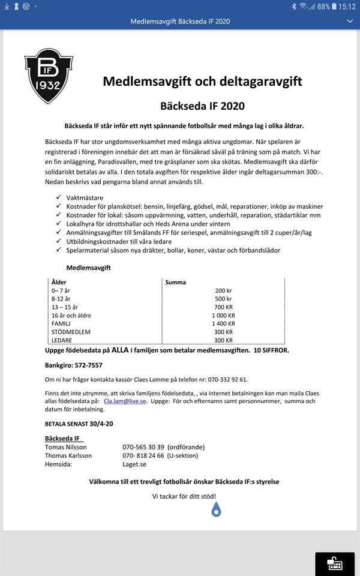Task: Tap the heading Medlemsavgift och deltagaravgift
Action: tap(202, 80)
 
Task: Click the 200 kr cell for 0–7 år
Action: tap(223, 290)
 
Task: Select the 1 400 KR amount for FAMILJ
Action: tap(223, 323)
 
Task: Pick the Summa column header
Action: tap(176, 282)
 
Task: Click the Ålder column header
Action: tap(59, 282)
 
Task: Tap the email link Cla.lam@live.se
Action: tap(125, 401)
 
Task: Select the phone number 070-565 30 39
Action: tap(143, 447)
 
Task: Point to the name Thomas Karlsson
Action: tap(68, 455)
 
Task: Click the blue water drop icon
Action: tap(217, 509)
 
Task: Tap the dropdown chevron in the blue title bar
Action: tap(350, 21)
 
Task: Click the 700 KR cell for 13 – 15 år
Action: tap(223, 307)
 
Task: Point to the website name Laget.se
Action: tap(134, 464)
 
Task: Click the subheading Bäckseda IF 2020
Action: tap(202, 106)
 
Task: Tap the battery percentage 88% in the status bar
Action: tap(324, 6)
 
